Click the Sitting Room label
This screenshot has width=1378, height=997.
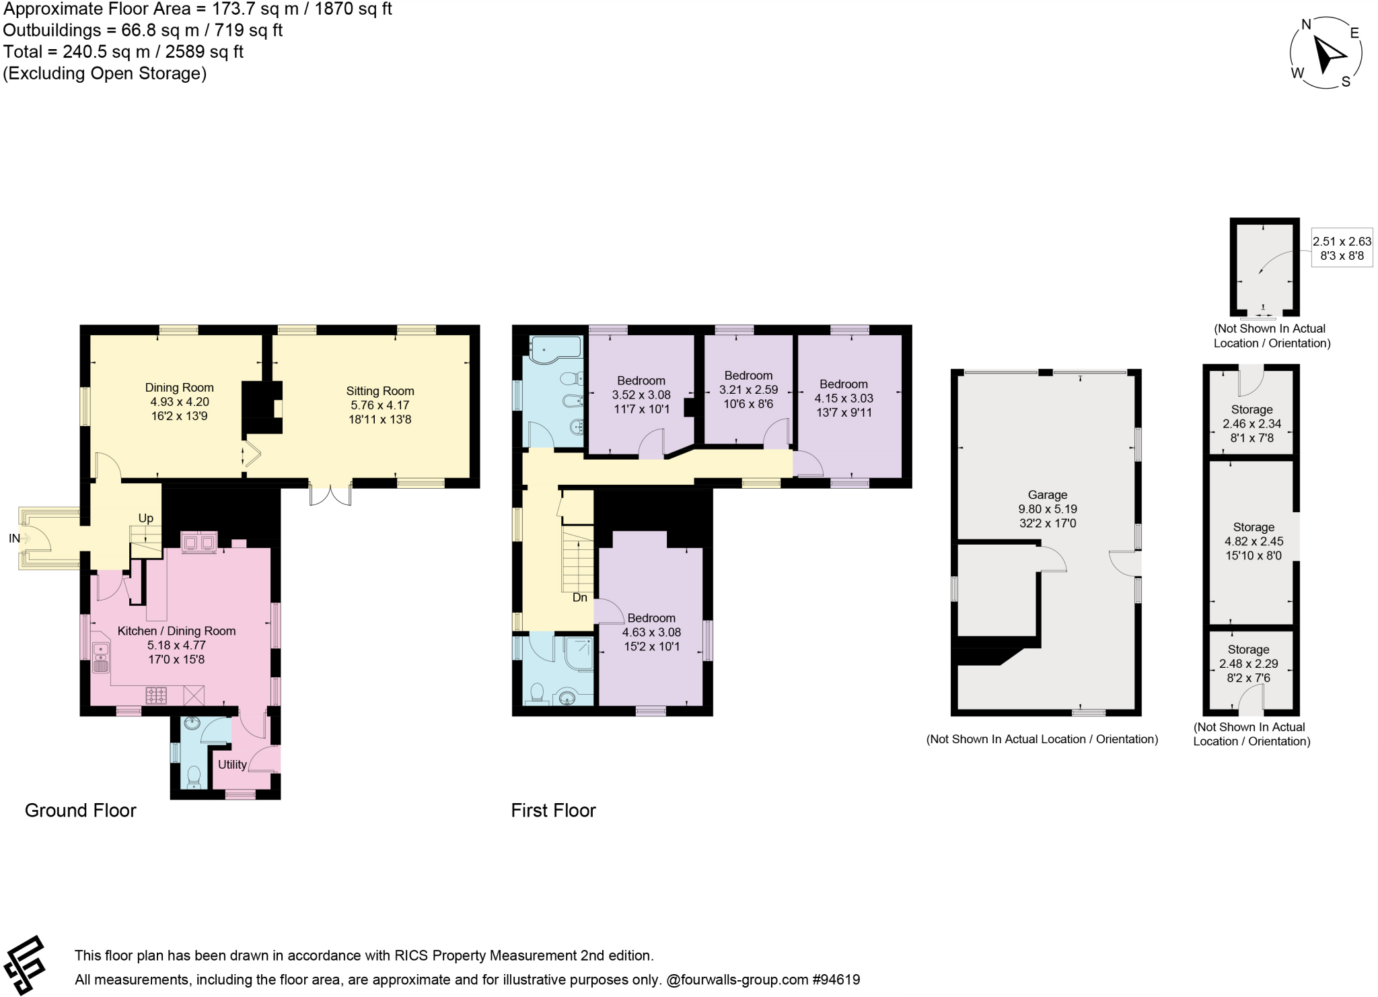pyautogui.click(x=379, y=391)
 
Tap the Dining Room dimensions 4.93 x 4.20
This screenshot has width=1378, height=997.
pyautogui.click(x=180, y=402)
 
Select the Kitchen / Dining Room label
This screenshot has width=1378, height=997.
pyautogui.click(x=176, y=631)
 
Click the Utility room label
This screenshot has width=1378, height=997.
pyautogui.click(x=232, y=765)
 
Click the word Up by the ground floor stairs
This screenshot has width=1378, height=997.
pyautogui.click(x=146, y=518)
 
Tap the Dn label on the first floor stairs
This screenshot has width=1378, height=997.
pyautogui.click(x=579, y=598)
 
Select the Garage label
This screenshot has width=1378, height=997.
pyautogui.click(x=1048, y=495)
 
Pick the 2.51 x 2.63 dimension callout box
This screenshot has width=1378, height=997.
pyautogui.click(x=1342, y=248)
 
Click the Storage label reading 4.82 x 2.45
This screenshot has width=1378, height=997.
pyautogui.click(x=1254, y=528)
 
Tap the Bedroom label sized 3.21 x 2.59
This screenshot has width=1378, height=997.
pyautogui.click(x=748, y=376)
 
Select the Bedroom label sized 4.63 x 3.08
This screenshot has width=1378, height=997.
pyautogui.click(x=651, y=618)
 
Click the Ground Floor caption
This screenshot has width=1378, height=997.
pyautogui.click(x=80, y=811)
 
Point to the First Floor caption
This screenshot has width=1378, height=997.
pyautogui.click(x=553, y=811)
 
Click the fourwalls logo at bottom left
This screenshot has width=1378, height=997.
pyautogui.click(x=25, y=965)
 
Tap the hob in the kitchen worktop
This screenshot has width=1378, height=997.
pyautogui.click(x=157, y=695)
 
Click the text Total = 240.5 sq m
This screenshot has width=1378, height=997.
pyautogui.click(x=123, y=52)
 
